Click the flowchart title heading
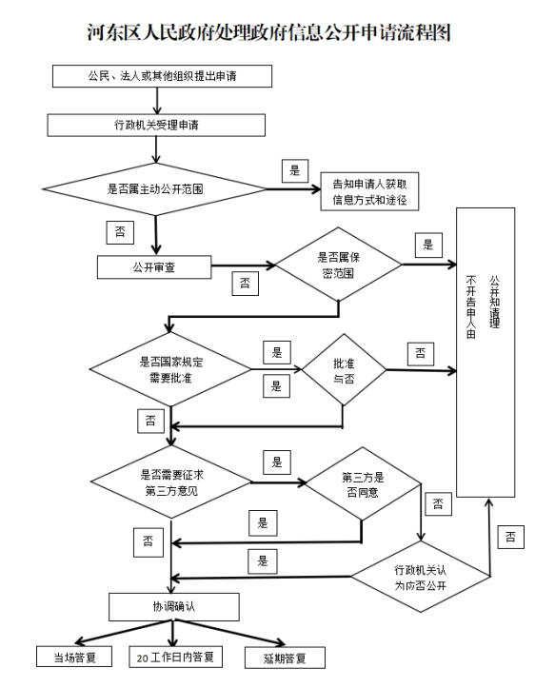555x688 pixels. tap(268, 32)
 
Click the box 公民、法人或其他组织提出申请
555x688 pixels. tap(162, 76)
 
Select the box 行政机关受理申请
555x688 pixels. tap(156, 126)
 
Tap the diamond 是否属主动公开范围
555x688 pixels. tap(155, 189)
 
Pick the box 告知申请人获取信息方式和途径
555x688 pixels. tap(369, 191)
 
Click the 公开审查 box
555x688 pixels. tap(154, 267)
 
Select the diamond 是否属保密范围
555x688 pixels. tap(338, 265)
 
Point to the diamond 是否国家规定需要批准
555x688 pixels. tap(170, 369)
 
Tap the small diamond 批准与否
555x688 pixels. tap(344, 370)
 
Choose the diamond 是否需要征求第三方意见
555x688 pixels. tap(170, 482)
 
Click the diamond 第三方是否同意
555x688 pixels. tap(363, 484)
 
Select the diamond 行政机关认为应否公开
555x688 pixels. tap(421, 577)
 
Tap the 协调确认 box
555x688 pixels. tap(174, 607)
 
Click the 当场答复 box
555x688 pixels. tap(74, 657)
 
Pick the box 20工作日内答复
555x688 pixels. tap(175, 657)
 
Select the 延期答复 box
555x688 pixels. tap(285, 658)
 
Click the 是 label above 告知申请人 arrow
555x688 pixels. tap(294, 170)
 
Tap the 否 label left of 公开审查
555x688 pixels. tap(120, 232)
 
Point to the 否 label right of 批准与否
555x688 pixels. tap(421, 354)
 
